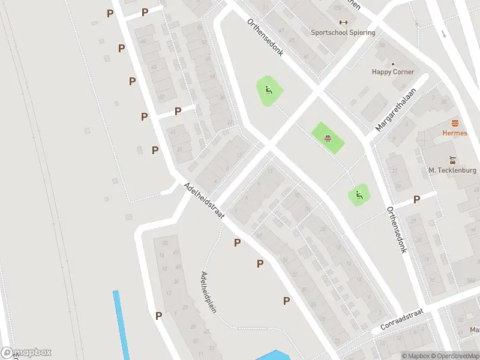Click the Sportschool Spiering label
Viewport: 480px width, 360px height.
343,32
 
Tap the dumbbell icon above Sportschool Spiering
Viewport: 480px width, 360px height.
343,23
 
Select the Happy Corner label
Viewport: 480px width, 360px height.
393,72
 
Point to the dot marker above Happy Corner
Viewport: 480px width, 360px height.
393,64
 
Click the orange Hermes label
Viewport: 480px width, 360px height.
454,133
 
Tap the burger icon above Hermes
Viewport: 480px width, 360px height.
454,123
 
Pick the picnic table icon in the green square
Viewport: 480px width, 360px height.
328,139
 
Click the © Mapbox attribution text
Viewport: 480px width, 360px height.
416,356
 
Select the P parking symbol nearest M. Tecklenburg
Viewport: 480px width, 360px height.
416,199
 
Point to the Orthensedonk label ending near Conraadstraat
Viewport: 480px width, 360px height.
397,230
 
